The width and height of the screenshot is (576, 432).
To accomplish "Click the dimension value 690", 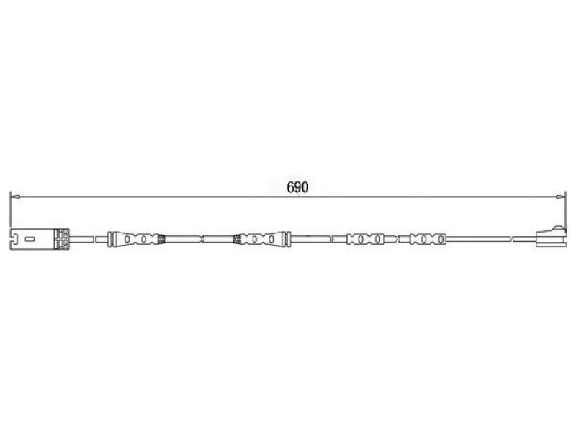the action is (297, 187).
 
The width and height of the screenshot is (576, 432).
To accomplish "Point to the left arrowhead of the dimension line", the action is (15, 197).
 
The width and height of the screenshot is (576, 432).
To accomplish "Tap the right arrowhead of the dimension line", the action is (561, 197).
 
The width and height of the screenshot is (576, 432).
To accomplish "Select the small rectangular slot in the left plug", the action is (30, 240).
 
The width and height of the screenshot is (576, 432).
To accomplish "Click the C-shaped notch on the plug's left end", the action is (14, 240).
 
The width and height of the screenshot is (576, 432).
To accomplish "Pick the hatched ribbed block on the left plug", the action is (61, 240).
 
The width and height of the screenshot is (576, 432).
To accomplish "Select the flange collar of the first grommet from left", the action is (109, 239).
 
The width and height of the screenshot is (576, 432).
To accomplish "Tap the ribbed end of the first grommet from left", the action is (161, 240).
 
